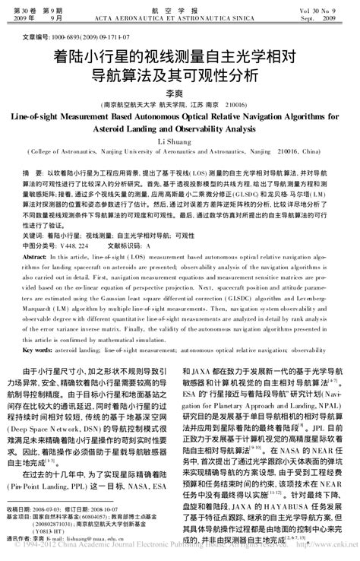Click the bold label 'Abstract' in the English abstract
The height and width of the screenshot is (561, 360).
[x=36, y=258]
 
